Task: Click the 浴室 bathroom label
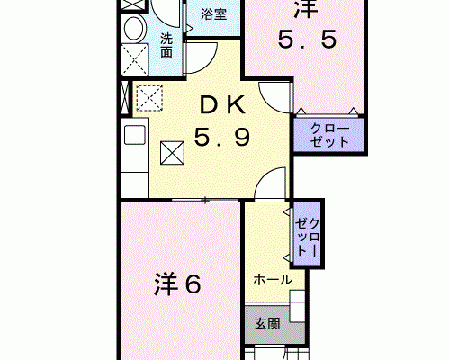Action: (x=214, y=14)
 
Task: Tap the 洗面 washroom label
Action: (x=166, y=45)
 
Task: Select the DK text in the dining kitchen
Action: (x=223, y=105)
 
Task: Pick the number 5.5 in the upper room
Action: (x=307, y=40)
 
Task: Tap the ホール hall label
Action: (x=273, y=279)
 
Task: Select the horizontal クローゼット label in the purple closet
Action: (x=330, y=135)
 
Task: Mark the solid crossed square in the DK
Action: (x=172, y=153)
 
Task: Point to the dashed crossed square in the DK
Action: (x=149, y=98)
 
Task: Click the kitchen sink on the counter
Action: (x=135, y=135)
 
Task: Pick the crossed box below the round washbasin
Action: (x=134, y=60)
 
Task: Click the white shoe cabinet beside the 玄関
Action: (x=297, y=306)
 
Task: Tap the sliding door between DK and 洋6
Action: (x=205, y=200)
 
